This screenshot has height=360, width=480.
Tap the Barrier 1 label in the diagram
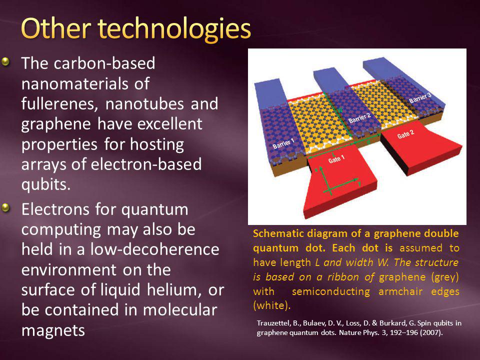click(283, 143)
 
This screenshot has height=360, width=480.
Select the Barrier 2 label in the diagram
click(359, 117)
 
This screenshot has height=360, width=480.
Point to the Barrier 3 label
click(420, 98)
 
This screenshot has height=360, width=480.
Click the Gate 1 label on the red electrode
click(336, 159)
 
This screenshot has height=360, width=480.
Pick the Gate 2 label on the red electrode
click(405, 134)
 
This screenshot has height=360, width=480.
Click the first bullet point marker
click(5, 62)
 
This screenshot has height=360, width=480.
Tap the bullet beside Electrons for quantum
click(5, 208)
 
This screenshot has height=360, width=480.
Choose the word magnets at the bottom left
click(53, 331)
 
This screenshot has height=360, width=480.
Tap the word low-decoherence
click(154, 249)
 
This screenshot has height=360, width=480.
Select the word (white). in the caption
click(272, 305)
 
